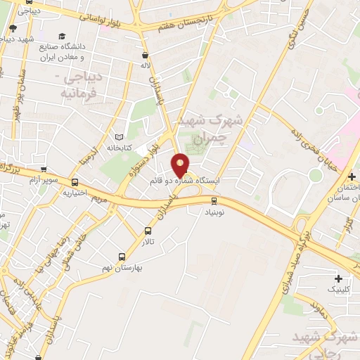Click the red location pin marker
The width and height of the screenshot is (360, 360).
pos(181,165)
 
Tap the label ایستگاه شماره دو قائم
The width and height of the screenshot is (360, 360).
pos(186,181)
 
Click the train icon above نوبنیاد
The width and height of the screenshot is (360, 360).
pos(214,200)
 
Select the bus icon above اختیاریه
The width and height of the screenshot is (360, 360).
pos(75,181)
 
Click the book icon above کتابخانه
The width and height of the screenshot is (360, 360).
pos(118,136)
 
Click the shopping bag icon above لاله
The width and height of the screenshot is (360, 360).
pos(146,55)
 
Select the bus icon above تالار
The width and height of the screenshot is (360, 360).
pos(148,231)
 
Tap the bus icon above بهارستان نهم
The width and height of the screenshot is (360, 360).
pos(122,257)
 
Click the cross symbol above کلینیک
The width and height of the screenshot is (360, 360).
pos(338,278)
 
